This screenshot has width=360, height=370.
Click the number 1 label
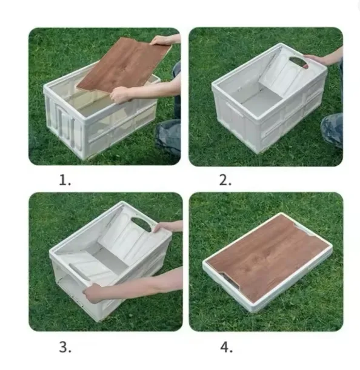65,180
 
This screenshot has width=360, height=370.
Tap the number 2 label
225,180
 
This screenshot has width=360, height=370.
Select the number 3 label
65,347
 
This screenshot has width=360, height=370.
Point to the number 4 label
226,348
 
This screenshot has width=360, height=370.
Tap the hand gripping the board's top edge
163,40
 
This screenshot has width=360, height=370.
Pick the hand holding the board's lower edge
120,94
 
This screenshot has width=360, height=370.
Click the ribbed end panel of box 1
64,123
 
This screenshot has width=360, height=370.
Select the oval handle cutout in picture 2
299,62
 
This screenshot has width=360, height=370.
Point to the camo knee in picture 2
332,128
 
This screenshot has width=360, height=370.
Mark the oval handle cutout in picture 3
142,224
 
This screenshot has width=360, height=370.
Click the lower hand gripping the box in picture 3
93,293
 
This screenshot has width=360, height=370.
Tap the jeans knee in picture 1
167,137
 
